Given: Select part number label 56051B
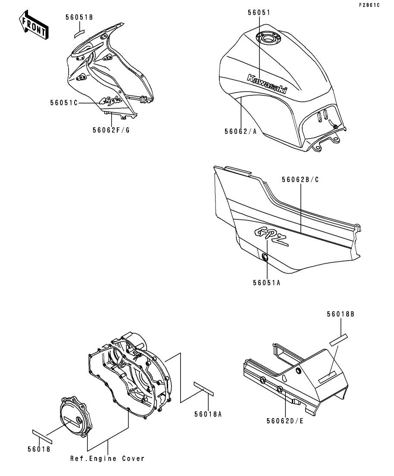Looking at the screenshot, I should (x=79, y=17).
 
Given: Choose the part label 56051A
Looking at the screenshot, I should (x=267, y=283).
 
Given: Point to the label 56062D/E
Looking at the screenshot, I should (x=285, y=420).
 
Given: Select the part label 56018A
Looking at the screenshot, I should (x=208, y=414).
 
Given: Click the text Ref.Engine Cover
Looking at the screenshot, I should (x=107, y=458).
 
